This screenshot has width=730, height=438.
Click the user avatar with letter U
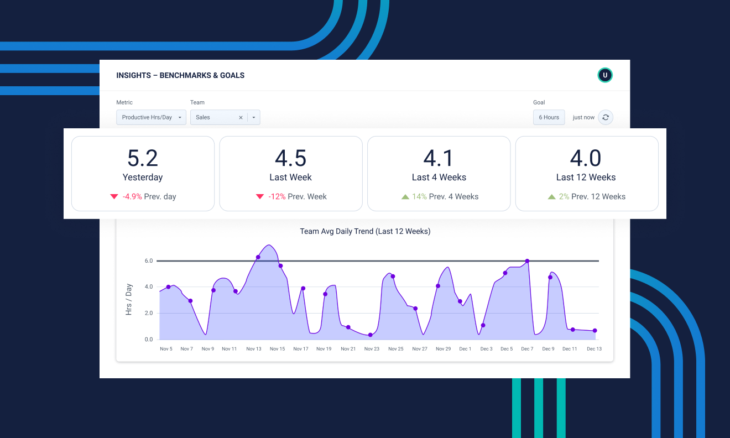point(605,75)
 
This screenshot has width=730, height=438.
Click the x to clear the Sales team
point(241,117)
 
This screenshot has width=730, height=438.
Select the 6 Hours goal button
point(549,117)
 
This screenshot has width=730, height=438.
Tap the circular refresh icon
point(606,117)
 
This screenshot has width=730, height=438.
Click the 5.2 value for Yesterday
point(143,159)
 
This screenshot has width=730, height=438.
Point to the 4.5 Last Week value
point(290,159)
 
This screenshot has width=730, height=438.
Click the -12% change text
point(277,196)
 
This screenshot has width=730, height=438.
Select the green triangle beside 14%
point(405,196)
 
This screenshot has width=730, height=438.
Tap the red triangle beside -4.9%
point(114,196)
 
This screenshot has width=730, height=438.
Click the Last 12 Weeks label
point(586,178)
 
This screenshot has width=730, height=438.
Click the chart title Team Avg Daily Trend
point(365,231)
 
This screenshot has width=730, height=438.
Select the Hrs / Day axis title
point(129,299)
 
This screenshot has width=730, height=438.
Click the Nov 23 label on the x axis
point(372,349)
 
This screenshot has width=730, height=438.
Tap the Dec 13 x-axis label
point(594,349)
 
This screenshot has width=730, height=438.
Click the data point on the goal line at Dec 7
point(527,261)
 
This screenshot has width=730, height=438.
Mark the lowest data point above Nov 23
point(370,335)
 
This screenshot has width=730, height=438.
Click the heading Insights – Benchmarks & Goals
point(180,75)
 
